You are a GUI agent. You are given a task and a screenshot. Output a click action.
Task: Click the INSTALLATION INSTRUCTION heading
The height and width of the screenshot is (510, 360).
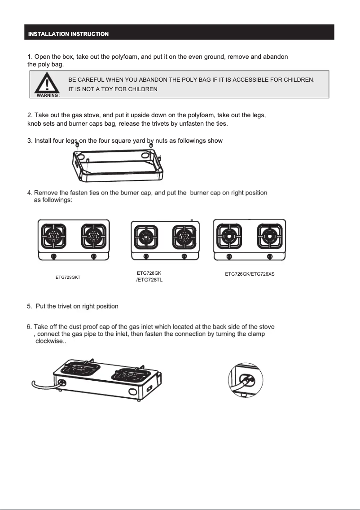(x=68, y=34)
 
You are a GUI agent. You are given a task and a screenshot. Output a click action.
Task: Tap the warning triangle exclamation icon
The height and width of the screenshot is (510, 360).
(x=47, y=84)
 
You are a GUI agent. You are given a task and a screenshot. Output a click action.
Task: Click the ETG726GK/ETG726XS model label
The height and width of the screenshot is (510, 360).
(x=250, y=274)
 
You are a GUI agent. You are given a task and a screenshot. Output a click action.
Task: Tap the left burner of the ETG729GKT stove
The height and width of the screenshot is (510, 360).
(x=53, y=235)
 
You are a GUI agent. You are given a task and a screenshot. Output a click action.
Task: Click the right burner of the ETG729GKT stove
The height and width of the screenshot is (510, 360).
(x=93, y=235)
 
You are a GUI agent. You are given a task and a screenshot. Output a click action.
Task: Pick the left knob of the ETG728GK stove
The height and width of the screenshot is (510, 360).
(x=145, y=256)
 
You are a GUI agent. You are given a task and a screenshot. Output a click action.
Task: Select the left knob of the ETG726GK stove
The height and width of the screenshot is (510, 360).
(x=229, y=256)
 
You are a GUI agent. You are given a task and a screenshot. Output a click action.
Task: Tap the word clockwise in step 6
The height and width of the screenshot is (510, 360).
(x=50, y=341)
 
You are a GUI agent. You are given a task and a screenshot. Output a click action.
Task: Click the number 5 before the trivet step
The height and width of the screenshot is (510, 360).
(x=29, y=306)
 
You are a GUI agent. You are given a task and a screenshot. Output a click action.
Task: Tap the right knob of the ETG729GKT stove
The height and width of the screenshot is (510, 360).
(x=93, y=256)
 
